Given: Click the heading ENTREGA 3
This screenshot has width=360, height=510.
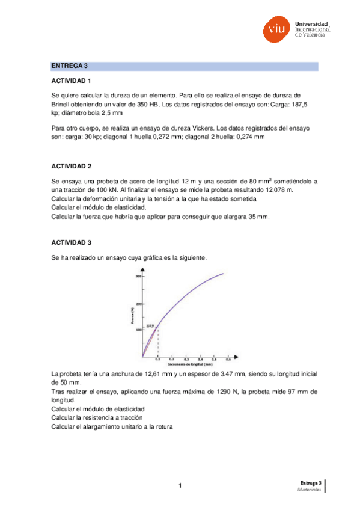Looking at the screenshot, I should tap(69, 66).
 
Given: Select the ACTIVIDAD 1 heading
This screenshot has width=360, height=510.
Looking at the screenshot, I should tap(71, 81).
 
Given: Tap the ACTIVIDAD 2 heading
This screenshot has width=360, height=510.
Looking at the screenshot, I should tap(71, 166).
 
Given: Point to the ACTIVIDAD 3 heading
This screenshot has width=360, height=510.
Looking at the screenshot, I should tap(71, 242).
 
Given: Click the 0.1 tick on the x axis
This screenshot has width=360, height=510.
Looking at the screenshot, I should tap(157, 359).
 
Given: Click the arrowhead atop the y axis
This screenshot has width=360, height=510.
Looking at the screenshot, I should tap(142, 269).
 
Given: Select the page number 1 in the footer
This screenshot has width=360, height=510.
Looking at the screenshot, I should tap(180, 486).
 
